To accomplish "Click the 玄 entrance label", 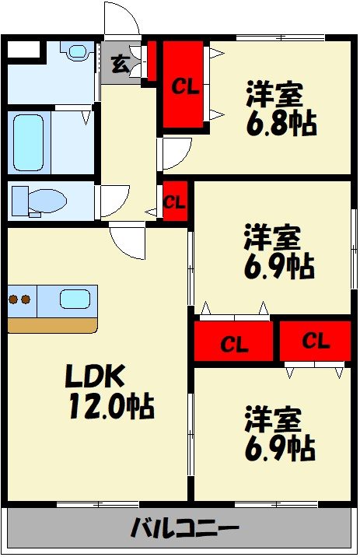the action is point(120,65).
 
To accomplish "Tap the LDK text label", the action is point(95,377).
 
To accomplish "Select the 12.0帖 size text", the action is point(111,406).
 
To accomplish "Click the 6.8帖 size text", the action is point(281,123).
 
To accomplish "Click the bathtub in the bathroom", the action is point(29,143).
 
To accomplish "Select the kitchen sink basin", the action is point(75,299).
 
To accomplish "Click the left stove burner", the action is point(13,300).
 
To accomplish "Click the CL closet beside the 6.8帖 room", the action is point(183,85).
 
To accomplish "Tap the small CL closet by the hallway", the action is point(175,201).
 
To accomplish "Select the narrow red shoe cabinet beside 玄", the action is point(152,61).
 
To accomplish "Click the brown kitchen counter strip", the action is point(53,325).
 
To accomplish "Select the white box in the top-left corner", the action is point(24,49).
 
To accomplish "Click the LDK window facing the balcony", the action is point(98,504).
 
